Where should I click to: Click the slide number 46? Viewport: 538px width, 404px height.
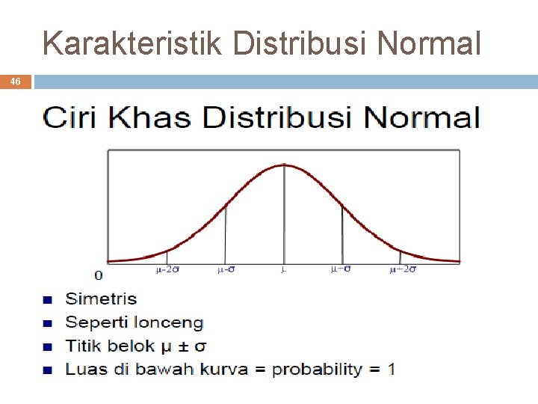coord(15,82)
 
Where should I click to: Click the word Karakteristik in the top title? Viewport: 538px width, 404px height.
coord(132,43)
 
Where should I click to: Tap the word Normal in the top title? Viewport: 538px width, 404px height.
coord(429,43)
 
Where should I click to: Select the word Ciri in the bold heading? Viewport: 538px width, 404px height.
coord(72,118)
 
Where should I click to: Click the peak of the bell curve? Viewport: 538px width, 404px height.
coord(284,164)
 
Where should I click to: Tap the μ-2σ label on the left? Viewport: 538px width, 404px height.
coord(167,270)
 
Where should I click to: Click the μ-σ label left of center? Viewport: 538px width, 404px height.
coord(226,270)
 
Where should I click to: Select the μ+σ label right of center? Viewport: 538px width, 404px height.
coord(341,269)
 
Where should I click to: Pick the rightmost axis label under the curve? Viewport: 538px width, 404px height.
coord(403,270)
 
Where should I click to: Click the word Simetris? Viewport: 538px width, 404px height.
coord(101,299)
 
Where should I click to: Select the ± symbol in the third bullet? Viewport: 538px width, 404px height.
coord(185,346)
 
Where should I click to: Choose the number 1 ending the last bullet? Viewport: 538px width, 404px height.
coord(392,369)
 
